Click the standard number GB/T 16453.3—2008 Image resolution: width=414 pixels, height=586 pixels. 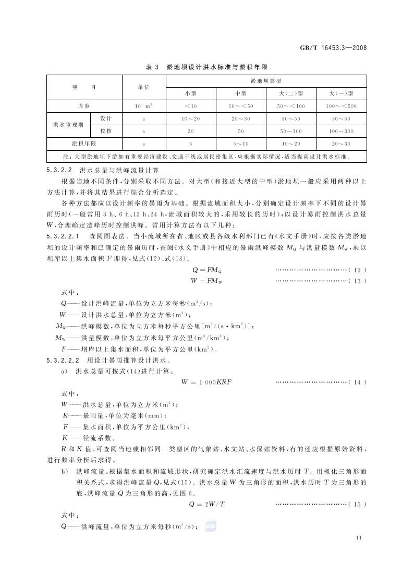coord(334,47)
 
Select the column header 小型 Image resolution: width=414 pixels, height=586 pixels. coord(190,93)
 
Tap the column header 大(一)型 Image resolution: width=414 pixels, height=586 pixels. coord(342,93)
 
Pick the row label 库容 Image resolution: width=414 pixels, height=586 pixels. coord(84,106)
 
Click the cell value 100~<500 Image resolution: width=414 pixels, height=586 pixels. coord(342,106)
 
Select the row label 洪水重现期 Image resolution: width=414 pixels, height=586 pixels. coord(68,125)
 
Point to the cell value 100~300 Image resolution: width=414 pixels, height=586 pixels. coord(342,131)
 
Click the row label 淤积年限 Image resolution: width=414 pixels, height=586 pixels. coord(84,143)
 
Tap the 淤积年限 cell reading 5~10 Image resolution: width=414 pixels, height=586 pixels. coord(240,143)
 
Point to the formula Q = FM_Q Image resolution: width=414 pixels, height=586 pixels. coord(207,270)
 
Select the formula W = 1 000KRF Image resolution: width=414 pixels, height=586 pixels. coord(206,382)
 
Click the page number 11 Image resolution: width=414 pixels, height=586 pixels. coord(358,538)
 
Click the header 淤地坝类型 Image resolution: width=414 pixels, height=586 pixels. coord(266,81)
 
